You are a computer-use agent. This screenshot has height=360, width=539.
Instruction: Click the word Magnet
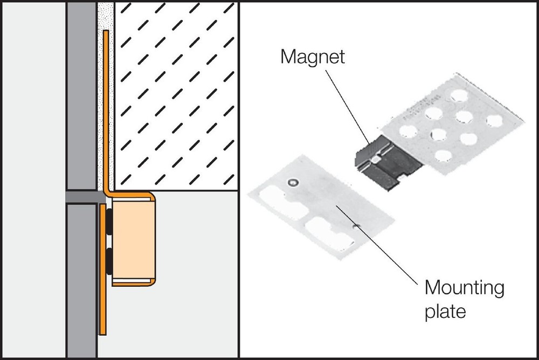312,57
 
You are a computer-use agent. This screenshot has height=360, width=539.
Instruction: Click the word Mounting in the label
464,288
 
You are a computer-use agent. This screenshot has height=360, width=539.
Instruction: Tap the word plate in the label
445,311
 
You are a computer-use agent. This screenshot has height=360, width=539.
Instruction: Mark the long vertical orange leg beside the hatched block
106,108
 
